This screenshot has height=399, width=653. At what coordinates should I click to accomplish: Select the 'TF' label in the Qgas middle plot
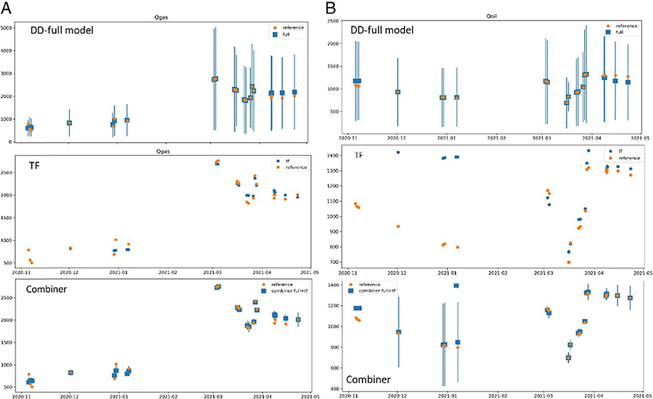[36, 168]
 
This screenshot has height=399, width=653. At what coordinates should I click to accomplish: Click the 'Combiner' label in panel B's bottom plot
[369, 379]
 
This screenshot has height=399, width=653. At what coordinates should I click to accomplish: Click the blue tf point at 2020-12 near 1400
[398, 152]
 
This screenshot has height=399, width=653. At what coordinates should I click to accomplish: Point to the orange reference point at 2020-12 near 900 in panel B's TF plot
[398, 226]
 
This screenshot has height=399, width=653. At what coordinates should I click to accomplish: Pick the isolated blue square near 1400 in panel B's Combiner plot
[457, 286]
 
